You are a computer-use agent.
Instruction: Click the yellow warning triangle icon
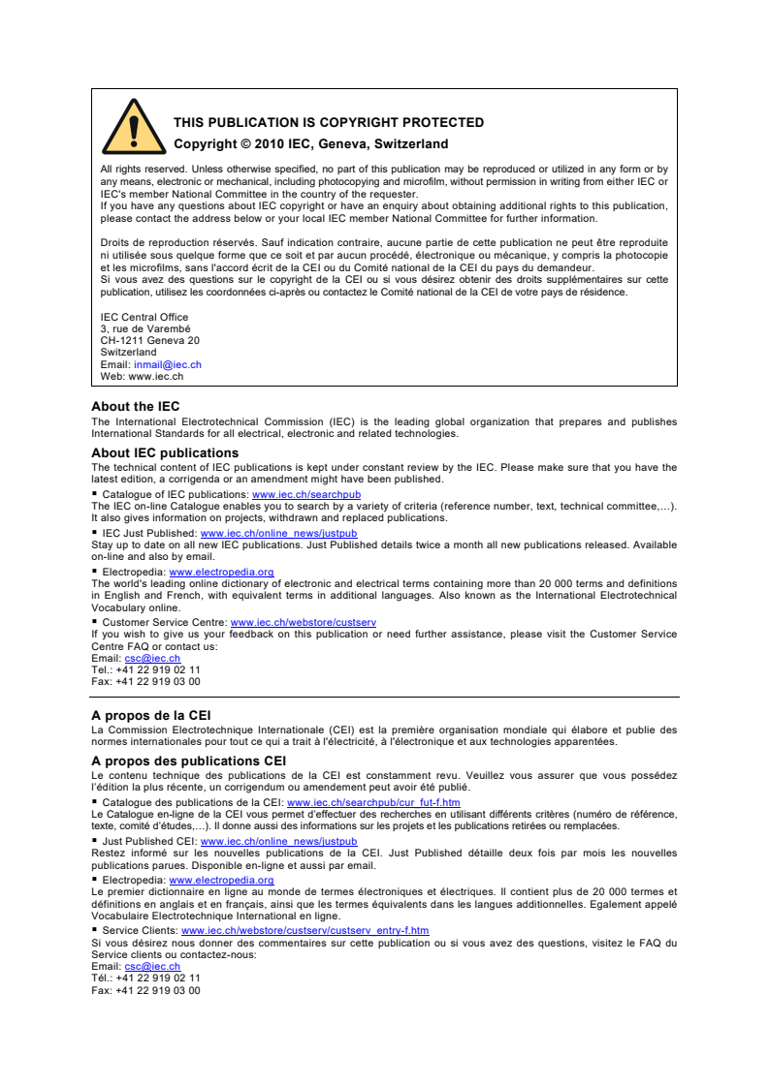click(134, 127)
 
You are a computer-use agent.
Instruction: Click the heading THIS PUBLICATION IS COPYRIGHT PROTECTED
click(328, 123)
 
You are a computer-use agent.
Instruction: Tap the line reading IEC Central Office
click(144, 318)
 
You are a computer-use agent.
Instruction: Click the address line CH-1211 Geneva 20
click(150, 341)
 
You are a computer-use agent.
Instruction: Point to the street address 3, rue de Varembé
click(145, 329)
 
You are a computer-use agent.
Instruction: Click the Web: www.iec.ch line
click(142, 376)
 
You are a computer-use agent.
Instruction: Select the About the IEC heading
click(135, 407)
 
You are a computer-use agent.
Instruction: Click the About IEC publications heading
click(165, 452)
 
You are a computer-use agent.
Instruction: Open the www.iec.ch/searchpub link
click(306, 495)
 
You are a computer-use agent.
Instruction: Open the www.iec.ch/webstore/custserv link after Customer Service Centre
click(303, 622)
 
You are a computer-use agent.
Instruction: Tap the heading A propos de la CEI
click(150, 715)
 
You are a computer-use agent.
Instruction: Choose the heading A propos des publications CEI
click(188, 761)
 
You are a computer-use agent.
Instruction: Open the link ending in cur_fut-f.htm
click(373, 803)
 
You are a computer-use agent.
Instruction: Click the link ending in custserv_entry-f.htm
click(304, 930)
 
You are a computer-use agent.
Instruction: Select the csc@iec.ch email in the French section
click(152, 966)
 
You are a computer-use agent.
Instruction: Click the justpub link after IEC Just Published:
click(278, 533)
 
